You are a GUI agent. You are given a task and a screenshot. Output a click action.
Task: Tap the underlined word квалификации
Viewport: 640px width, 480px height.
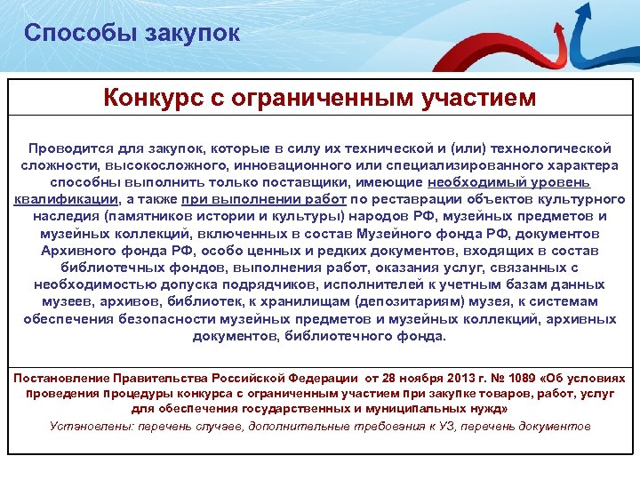pos(66,199)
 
